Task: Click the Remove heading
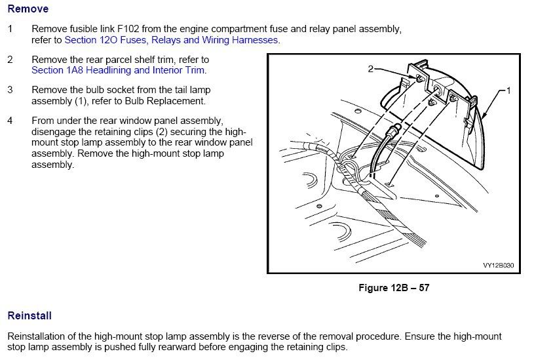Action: click(x=28, y=10)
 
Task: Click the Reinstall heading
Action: click(x=29, y=315)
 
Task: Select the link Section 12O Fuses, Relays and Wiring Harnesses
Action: click(x=172, y=40)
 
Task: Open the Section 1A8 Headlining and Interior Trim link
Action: click(x=118, y=70)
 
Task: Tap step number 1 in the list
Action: click(x=10, y=30)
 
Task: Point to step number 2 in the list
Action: click(x=10, y=60)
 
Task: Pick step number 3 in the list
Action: click(x=10, y=89)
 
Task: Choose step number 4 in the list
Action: click(x=10, y=121)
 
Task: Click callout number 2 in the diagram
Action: click(x=370, y=68)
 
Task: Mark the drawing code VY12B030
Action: click(x=498, y=266)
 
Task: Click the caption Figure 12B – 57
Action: click(x=393, y=287)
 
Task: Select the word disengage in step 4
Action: click(x=55, y=131)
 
